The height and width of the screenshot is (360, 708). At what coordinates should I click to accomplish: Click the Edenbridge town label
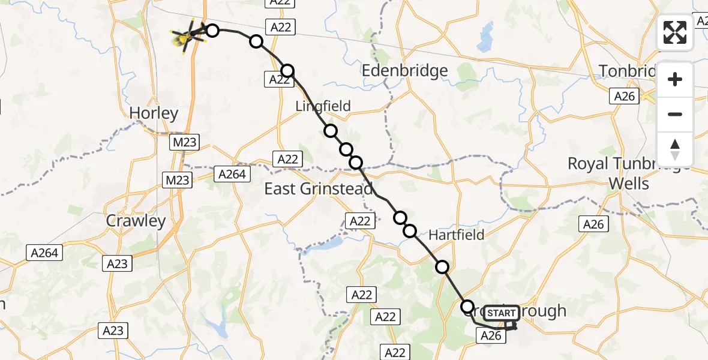coord(405,71)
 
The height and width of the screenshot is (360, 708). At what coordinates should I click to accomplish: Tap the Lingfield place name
coord(323,106)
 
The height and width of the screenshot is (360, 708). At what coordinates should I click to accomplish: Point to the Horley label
coord(154,113)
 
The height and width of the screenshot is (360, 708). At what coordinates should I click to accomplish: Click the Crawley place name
coord(136,221)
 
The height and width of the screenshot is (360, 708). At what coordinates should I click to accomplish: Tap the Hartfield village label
coord(457,235)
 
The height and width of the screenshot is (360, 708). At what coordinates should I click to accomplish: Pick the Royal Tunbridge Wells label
coord(628,173)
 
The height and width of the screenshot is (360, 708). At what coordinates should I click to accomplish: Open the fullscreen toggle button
coord(675,32)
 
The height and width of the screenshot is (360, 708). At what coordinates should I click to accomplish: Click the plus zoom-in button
coord(675,79)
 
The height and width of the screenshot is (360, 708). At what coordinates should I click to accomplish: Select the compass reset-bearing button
coord(675,149)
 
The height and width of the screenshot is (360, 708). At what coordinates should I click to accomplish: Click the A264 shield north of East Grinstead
coord(230,174)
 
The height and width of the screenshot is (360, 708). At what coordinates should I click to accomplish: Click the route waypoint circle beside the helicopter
coord(212,29)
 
